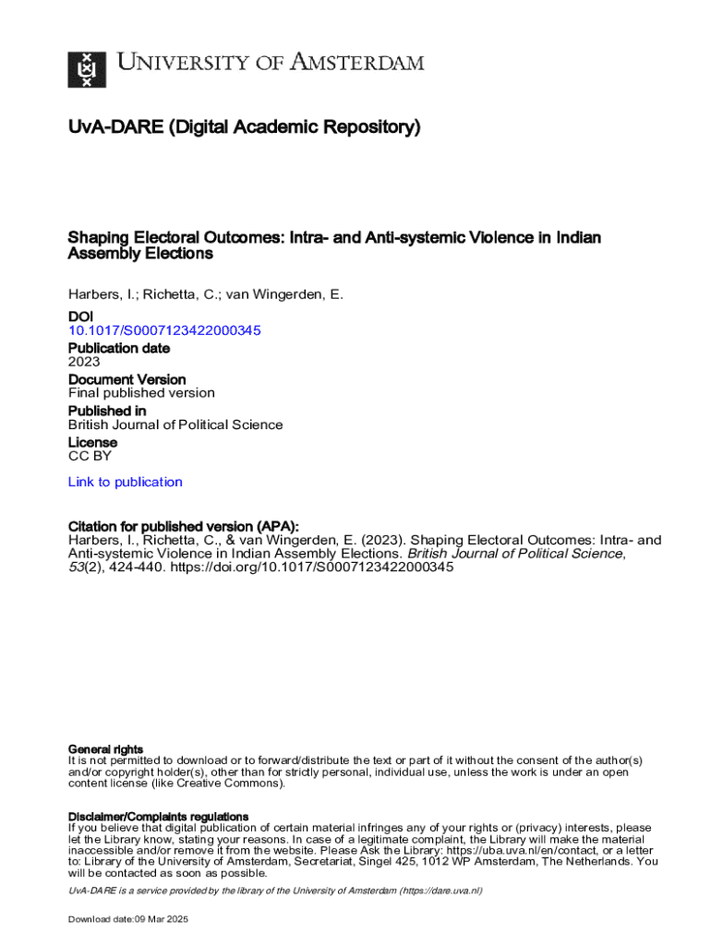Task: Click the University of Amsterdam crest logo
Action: tap(87, 68)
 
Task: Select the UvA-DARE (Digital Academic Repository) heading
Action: tap(244, 127)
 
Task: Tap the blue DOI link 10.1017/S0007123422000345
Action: tap(164, 330)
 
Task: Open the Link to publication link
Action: tap(125, 482)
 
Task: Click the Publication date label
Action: tap(119, 348)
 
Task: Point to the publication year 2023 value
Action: tap(84, 362)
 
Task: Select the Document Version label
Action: tap(127, 379)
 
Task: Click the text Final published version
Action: tap(141, 393)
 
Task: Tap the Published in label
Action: tap(107, 411)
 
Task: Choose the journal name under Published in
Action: tap(175, 425)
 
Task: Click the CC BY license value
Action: tap(90, 456)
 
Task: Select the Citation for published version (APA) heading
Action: tap(184, 526)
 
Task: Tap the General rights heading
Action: tap(106, 748)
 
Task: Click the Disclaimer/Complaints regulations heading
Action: tap(159, 817)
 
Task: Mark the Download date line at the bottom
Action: tap(128, 920)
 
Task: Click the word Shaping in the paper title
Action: tap(96, 238)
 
